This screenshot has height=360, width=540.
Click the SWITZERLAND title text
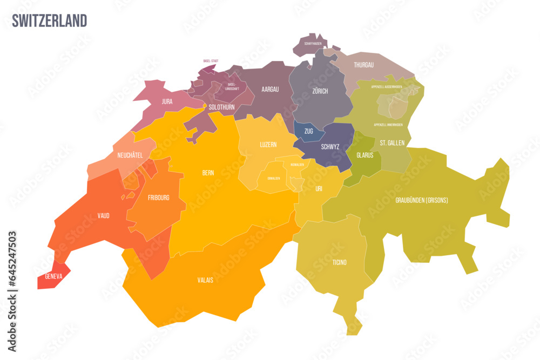click(x=49, y=21)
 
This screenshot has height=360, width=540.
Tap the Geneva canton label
click(x=53, y=276)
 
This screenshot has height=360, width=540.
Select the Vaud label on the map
click(x=103, y=216)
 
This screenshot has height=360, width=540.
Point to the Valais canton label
click(x=205, y=280)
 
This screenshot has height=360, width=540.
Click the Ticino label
click(x=340, y=262)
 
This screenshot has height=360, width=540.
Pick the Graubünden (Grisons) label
click(x=422, y=200)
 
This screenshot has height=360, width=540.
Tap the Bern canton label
click(x=208, y=173)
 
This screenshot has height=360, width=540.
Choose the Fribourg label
click(x=158, y=198)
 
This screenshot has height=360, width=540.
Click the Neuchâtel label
click(x=130, y=155)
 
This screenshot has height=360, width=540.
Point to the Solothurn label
click(x=221, y=107)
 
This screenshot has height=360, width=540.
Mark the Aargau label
click(x=269, y=90)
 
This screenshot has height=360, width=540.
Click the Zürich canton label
click(x=320, y=91)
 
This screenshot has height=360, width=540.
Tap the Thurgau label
click(x=363, y=65)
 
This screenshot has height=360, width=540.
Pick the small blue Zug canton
click(x=309, y=131)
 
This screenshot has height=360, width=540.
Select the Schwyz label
click(x=330, y=146)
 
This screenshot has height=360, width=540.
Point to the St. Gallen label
click(x=391, y=143)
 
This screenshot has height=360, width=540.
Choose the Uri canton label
click(x=319, y=188)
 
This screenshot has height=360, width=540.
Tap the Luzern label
click(x=268, y=145)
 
